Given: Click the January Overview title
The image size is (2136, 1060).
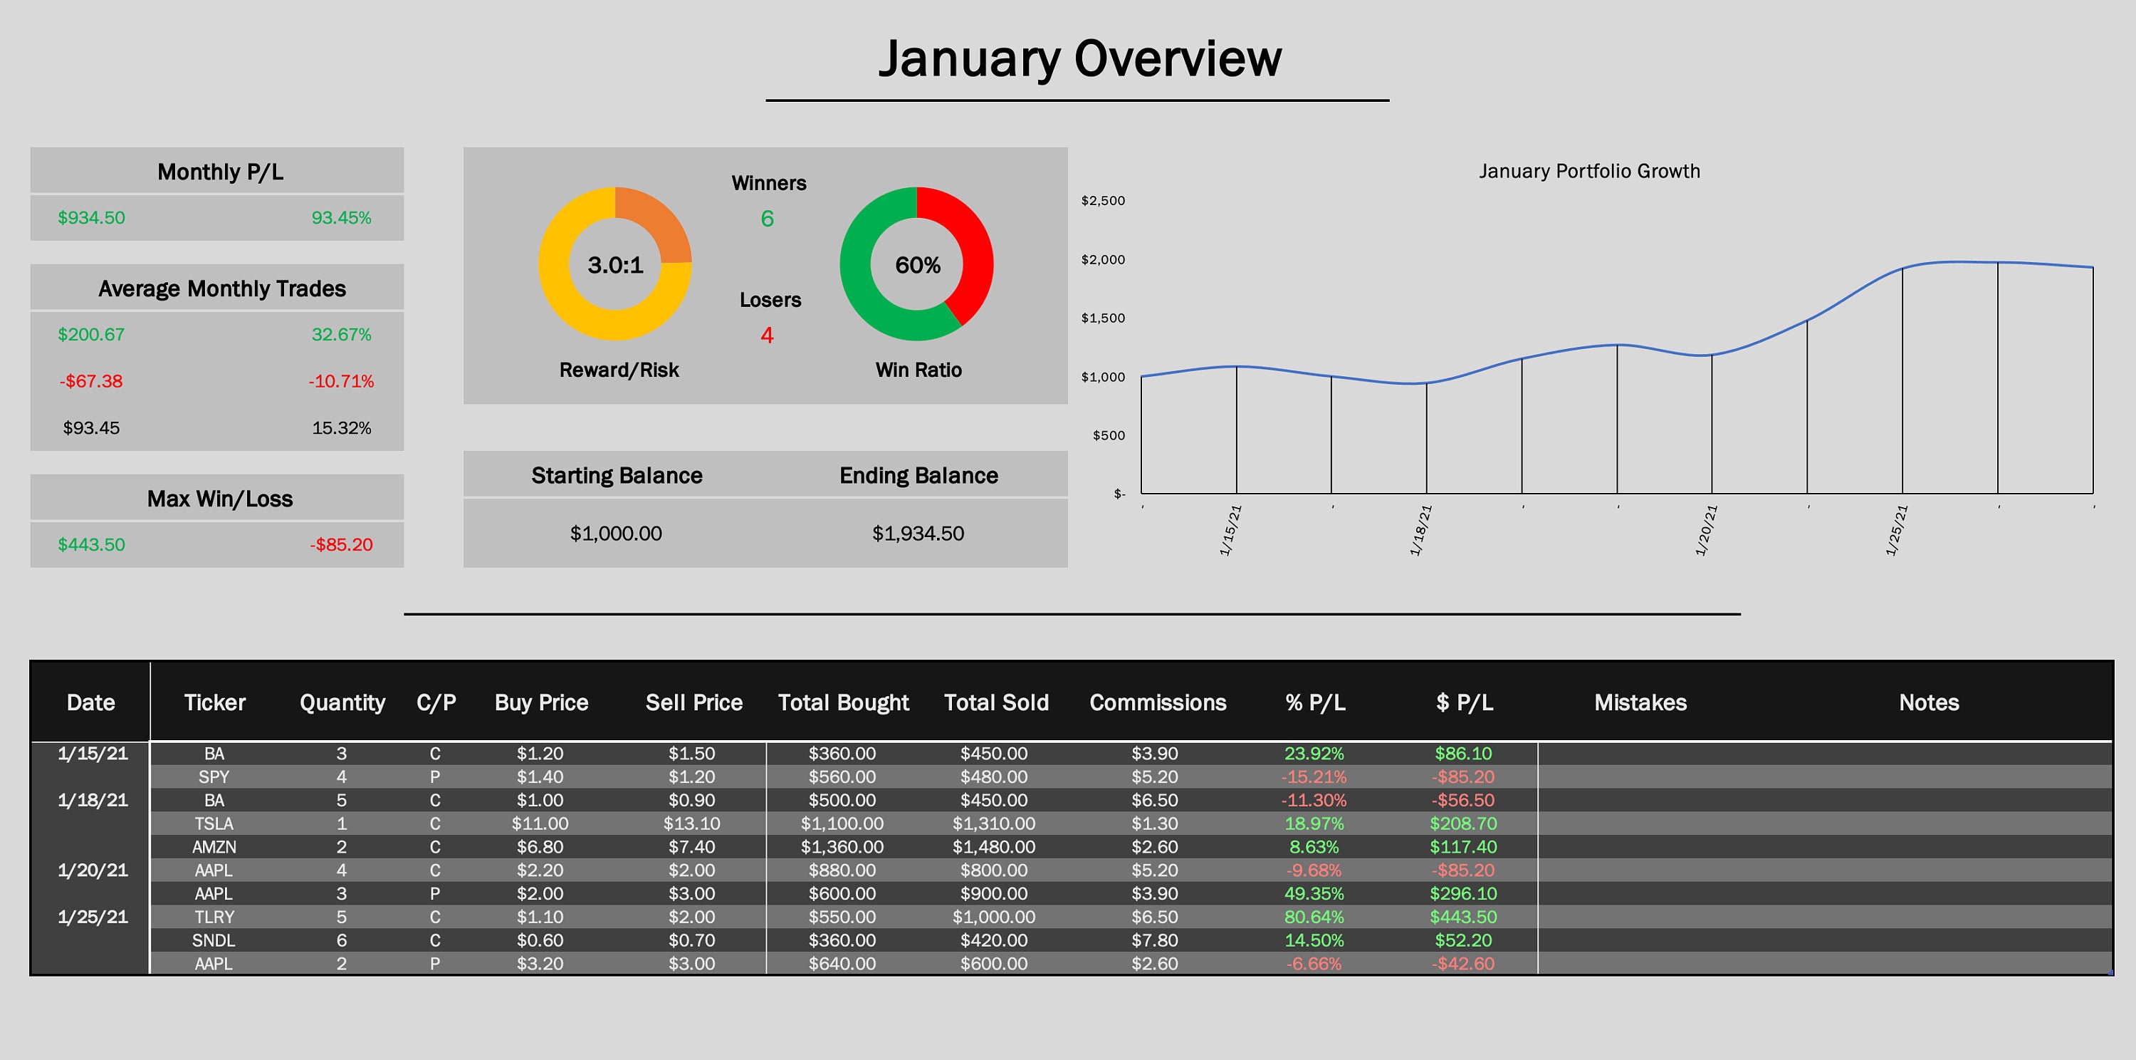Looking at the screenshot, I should tap(1079, 59).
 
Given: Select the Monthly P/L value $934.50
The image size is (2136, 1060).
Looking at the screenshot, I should tap(91, 218).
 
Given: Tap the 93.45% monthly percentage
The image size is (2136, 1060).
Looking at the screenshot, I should tap(341, 218).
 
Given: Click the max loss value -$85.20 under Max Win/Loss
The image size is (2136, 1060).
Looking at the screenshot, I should tap(341, 545).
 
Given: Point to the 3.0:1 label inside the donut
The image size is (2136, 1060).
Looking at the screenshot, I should tap(615, 266).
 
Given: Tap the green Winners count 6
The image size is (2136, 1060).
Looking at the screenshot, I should tap(767, 219).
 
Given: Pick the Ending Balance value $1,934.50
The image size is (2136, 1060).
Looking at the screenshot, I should tap(918, 534).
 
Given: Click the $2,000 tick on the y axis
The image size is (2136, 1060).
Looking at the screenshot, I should tap(1103, 259).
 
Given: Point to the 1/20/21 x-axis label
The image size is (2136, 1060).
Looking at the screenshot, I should tap(1706, 531).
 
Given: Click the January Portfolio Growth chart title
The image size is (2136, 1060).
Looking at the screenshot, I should tap(1588, 172).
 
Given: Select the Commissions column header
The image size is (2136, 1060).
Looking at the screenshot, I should tap(1158, 702).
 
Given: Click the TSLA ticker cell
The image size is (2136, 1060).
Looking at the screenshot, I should tap(214, 823).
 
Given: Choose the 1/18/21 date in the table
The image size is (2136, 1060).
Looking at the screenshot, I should tap(93, 801).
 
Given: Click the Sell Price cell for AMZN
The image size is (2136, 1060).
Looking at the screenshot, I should tap(691, 847).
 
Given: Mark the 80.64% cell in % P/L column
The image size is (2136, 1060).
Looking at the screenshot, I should tap(1314, 918).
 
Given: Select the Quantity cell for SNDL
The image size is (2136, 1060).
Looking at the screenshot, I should tap(342, 940).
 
